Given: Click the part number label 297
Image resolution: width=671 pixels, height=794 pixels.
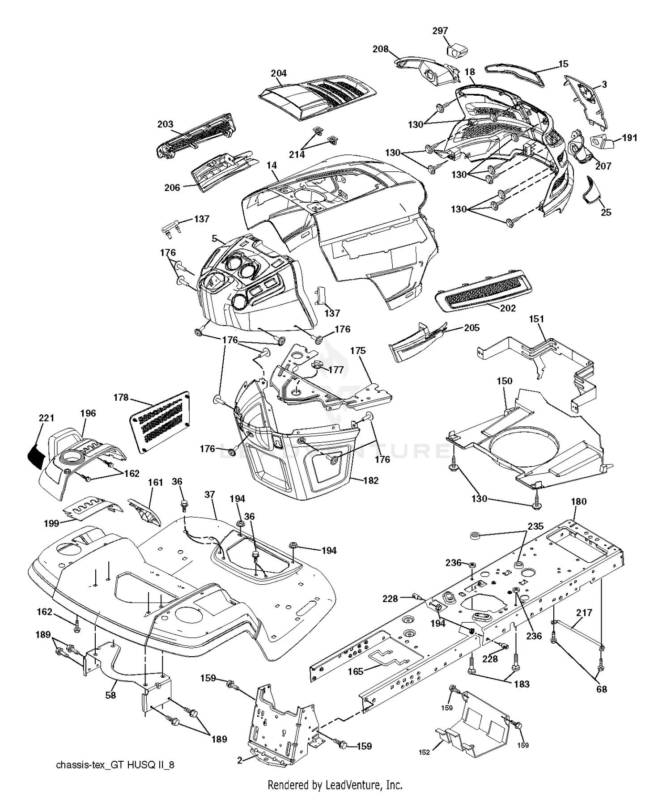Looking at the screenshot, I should point(440,31).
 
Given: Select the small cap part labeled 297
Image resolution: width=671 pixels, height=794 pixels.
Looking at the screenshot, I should point(455,50).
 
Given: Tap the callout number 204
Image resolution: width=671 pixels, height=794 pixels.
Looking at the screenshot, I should point(279,73).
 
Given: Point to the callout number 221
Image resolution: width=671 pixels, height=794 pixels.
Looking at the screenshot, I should point(47,418).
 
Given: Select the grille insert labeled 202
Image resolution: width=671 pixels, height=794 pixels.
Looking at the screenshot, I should point(483,291).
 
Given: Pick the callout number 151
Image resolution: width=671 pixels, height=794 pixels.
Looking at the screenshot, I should point(536,319).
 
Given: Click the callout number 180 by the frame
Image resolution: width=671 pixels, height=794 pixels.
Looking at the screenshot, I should point(578,501).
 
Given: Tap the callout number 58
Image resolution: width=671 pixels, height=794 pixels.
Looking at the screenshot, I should point(110,695).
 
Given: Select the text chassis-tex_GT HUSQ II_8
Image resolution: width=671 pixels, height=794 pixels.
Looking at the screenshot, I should point(115,765).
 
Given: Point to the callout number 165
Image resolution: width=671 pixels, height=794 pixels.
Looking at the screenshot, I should point(356,671).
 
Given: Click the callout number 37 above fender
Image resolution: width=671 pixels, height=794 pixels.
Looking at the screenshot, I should point(210,494).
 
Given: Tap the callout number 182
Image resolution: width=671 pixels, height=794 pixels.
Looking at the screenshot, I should point(371,480).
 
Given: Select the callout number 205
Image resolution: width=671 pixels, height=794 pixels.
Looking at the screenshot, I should point(471,328).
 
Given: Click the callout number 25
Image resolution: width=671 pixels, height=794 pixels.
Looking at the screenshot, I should point(606,212).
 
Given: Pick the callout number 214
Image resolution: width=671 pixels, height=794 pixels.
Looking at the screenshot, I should point(297,154).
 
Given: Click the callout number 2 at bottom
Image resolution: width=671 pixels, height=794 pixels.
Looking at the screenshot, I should point(240,760).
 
